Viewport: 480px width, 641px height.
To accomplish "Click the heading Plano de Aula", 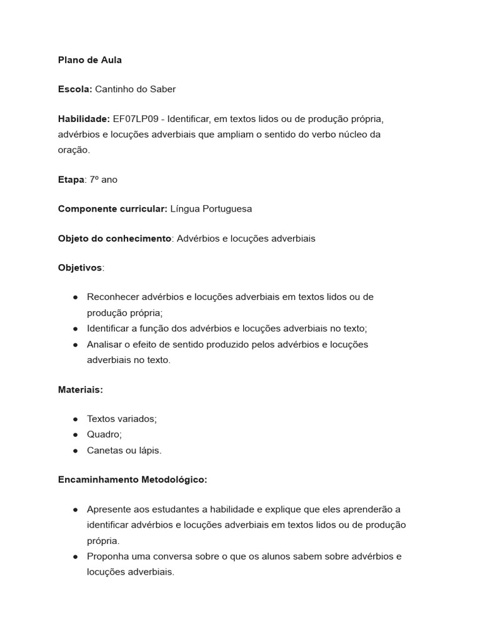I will coord(89,60).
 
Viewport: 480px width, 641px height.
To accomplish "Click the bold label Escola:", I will coord(75,89).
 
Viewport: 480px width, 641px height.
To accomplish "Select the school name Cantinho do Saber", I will coord(135,89).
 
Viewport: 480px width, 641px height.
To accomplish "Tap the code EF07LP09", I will coord(136,119).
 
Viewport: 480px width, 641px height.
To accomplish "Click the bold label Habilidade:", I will coord(84,119).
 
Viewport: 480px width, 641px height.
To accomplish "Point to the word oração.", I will coord(74,150).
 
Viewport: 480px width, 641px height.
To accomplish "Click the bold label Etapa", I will coord(71,180).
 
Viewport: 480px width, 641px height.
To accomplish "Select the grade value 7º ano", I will coord(103,180).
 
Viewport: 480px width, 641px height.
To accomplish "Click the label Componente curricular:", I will coord(112,209).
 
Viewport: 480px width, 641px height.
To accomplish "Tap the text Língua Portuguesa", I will coord(211,209).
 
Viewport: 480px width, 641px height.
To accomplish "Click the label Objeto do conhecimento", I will coord(114,238).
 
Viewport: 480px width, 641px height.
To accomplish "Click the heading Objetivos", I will coord(80,268).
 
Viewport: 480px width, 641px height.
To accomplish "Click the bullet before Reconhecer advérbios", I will coord(75,297).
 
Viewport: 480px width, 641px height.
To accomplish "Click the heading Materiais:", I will coord(80,389).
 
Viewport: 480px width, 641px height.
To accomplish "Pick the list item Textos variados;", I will coord(122,419).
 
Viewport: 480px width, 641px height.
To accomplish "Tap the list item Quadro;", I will coord(104,434).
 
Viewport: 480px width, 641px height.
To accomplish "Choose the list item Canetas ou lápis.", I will coord(124,450).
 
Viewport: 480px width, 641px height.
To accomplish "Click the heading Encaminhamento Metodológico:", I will coord(132,479).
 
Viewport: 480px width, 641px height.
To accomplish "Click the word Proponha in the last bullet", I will coord(107,556).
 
